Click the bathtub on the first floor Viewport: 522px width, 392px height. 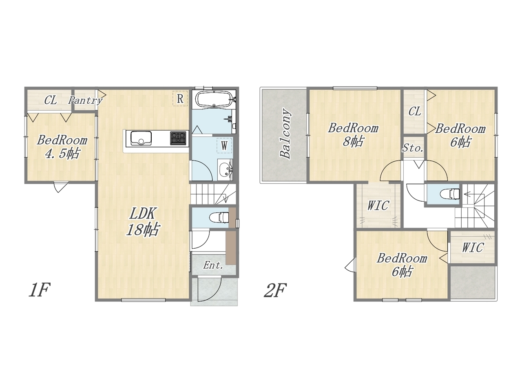[x=214, y=100]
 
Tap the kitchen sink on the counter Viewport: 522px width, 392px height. [x=141, y=138]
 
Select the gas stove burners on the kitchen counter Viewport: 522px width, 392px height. [x=178, y=138]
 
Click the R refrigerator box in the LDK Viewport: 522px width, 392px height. [x=180, y=98]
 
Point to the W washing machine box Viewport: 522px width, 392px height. [x=224, y=145]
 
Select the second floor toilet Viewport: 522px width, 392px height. [x=450, y=194]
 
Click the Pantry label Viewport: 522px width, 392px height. [x=85, y=100]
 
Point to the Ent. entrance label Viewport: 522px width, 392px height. [x=213, y=265]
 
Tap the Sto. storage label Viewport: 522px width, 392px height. [x=413, y=148]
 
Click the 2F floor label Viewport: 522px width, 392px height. [x=275, y=290]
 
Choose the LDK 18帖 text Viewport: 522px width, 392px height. [x=143, y=222]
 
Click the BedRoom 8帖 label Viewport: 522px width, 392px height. [x=353, y=135]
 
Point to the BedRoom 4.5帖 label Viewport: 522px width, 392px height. [x=62, y=147]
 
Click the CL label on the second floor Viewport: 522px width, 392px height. [x=415, y=111]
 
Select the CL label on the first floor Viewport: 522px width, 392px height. [x=51, y=100]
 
